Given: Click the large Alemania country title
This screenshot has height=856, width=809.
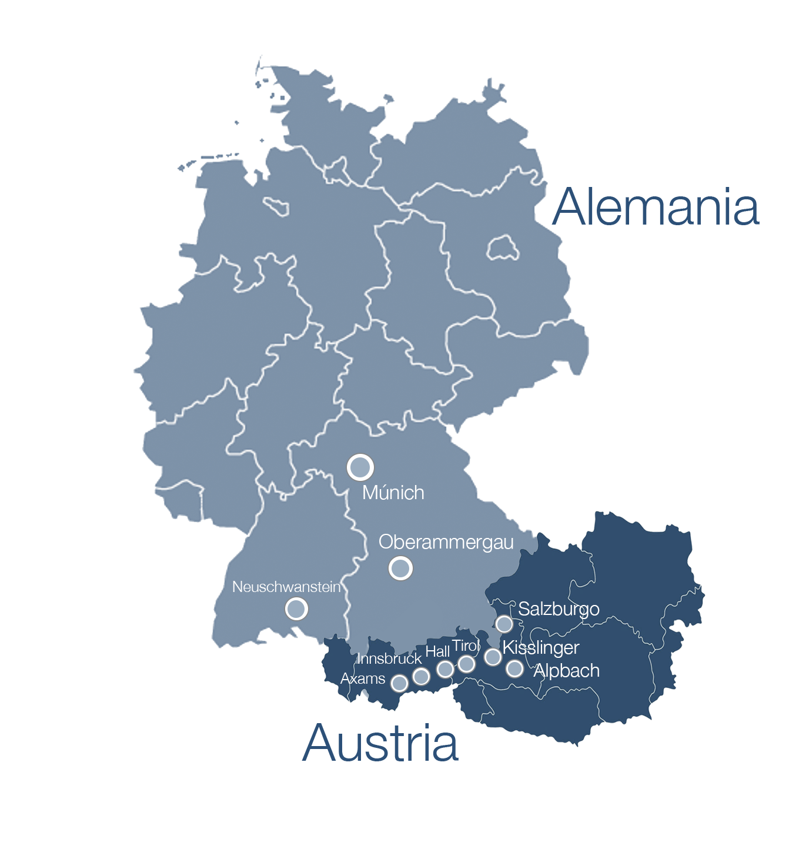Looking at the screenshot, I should [x=656, y=207].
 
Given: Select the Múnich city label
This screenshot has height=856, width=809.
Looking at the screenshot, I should [x=393, y=493].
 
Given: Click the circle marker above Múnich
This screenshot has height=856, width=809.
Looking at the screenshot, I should [x=360, y=467].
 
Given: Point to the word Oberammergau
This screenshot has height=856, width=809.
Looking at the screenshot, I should [x=446, y=542].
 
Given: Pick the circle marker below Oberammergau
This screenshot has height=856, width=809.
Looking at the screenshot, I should [x=400, y=568].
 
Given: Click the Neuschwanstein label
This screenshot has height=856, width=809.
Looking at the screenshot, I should [x=286, y=587].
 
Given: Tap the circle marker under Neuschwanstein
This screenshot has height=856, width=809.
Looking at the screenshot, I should [x=296, y=608].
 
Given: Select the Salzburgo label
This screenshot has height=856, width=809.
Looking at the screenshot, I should [x=559, y=609].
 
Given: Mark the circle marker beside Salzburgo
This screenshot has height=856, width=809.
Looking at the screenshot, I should [x=504, y=624].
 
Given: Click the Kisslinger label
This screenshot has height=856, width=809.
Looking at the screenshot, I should [x=541, y=648].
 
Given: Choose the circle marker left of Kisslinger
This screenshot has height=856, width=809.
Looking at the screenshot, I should [x=493, y=657].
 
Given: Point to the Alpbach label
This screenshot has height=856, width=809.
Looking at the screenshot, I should [x=566, y=671].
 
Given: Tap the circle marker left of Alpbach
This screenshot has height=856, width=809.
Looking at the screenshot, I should [x=514, y=668].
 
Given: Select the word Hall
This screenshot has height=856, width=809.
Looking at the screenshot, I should [x=437, y=651].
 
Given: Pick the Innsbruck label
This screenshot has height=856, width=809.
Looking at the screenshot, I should [x=389, y=659].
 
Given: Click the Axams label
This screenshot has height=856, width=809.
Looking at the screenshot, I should [x=363, y=679].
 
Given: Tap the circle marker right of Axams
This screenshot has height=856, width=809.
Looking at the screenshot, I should [x=399, y=683].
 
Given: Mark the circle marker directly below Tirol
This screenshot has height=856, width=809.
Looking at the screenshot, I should [x=466, y=664].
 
